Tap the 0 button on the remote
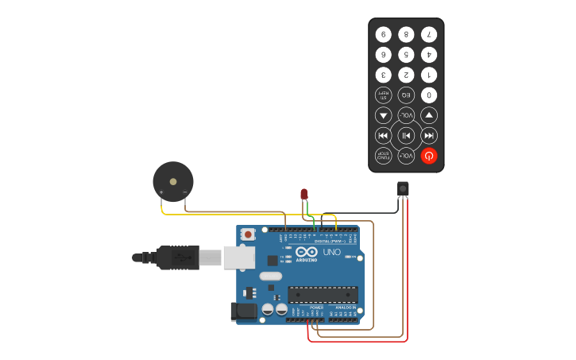[429, 95]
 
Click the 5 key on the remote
[406, 55]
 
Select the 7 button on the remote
[429, 34]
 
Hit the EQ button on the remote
[406, 95]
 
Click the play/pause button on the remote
[406, 135]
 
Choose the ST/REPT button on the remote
[384, 95]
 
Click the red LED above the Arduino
[304, 194]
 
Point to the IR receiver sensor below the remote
[403, 188]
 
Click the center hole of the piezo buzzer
[173, 181]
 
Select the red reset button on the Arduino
[249, 234]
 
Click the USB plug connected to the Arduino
[178, 257]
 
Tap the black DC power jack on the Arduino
[243, 311]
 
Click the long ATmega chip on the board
[323, 294]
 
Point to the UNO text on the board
[331, 253]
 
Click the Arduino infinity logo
[307, 252]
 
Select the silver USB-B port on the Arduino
[238, 257]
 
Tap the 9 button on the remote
[384, 34]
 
